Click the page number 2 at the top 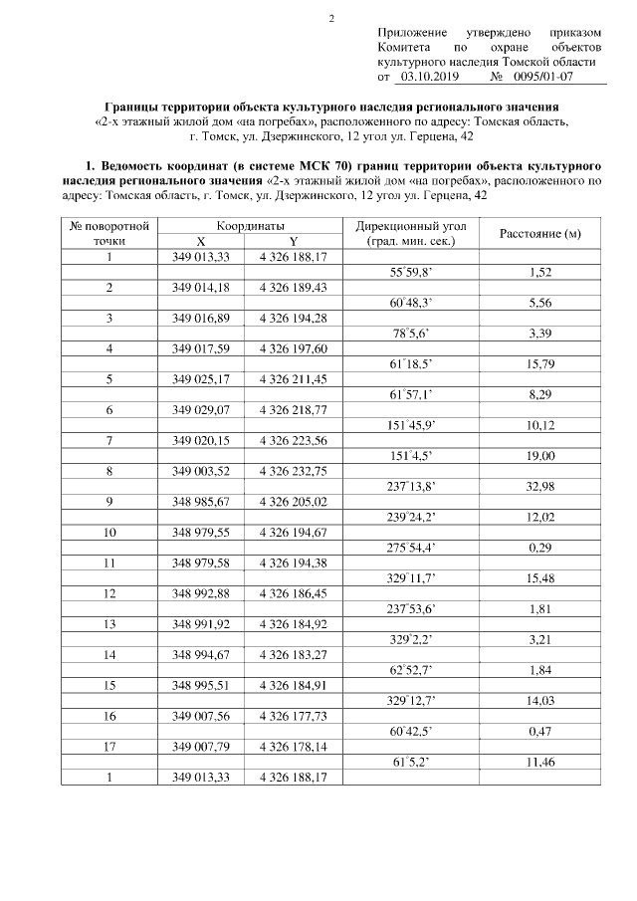[x=331, y=18]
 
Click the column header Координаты [x=250, y=226]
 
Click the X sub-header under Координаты [x=201, y=242]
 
